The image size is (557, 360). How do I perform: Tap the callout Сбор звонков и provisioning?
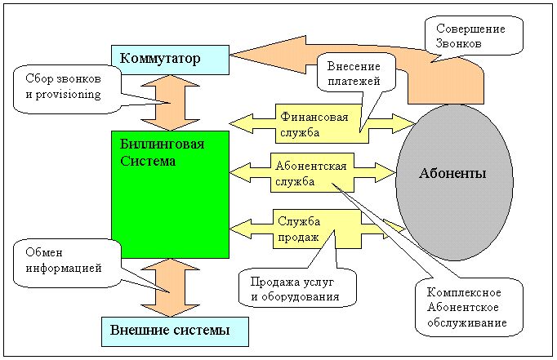68,87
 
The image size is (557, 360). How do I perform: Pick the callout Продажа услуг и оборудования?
296,289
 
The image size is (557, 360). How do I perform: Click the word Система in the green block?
143,161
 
